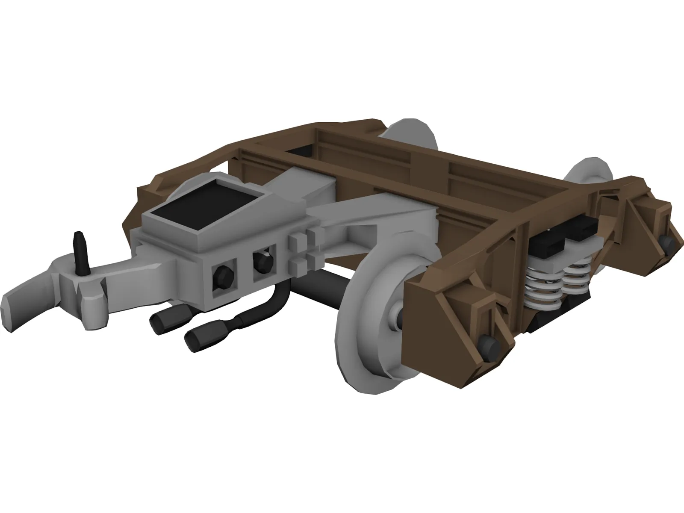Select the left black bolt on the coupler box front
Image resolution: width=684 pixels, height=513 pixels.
coord(224,274)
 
